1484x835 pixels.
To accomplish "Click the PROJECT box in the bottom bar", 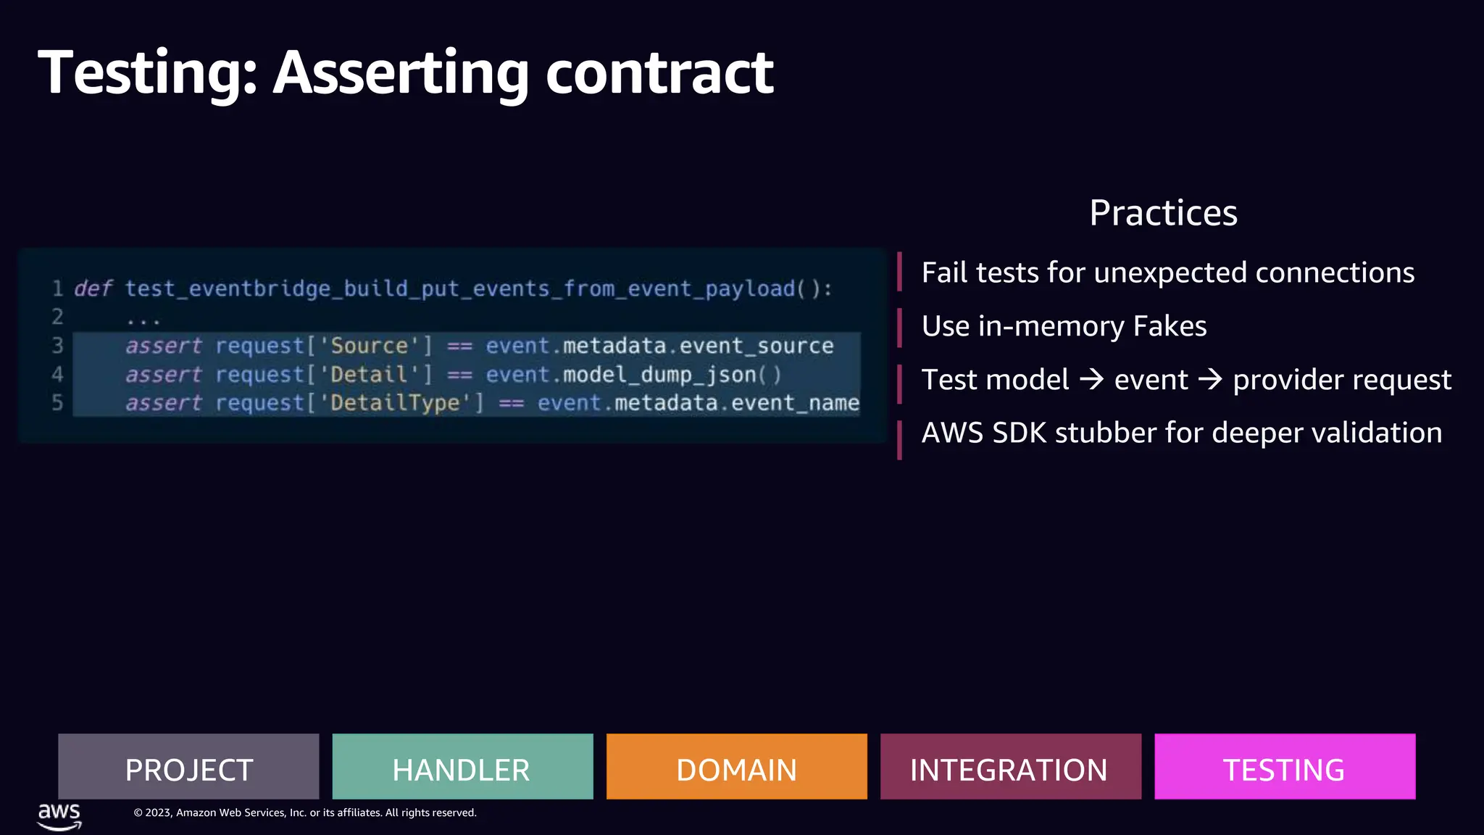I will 188,767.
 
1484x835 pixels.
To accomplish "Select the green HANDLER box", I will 462,767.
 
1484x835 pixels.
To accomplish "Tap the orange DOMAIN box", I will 736,767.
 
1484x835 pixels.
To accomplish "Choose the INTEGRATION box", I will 1010,767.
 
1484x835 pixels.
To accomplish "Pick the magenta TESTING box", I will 1284,767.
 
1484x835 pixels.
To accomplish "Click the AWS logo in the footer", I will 59,815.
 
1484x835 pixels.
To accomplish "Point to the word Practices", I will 1163,213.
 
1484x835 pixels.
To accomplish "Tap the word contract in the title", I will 659,73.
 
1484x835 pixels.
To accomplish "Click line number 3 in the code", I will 57,346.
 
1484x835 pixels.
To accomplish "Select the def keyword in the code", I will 93,288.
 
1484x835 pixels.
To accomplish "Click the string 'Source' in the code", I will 370,346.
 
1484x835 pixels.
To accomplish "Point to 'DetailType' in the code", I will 395,403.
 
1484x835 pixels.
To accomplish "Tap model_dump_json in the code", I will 659,375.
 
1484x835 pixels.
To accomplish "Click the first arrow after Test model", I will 1091,379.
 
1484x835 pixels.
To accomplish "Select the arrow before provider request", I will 1210,379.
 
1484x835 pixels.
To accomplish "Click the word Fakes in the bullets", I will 1170,326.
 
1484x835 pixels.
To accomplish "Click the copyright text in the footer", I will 305,813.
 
